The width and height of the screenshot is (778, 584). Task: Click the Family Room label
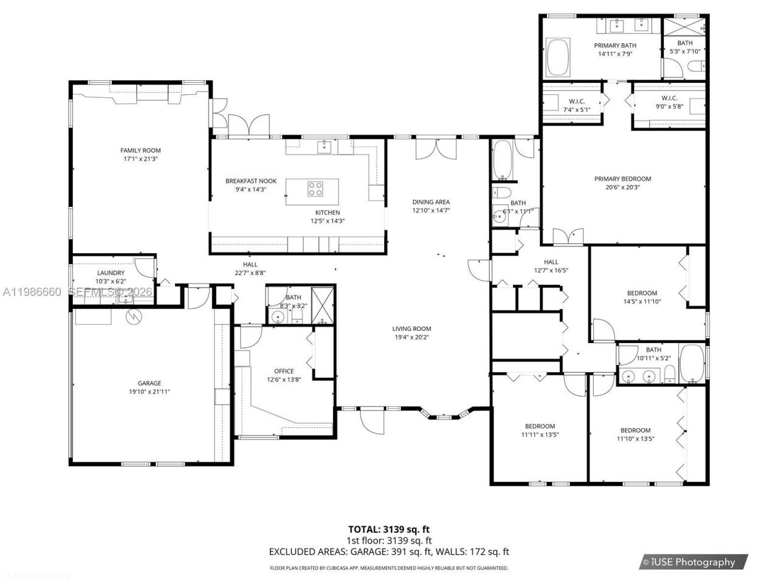tap(140, 150)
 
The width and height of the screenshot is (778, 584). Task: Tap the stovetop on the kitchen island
tap(315, 189)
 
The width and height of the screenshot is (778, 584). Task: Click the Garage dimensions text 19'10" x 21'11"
tap(149, 392)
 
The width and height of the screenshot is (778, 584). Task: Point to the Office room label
tap(284, 371)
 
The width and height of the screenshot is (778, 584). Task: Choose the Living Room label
tap(411, 328)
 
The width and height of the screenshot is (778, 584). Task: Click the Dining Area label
tap(431, 202)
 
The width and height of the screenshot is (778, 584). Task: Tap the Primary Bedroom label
tap(622, 179)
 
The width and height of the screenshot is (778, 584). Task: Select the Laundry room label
tap(111, 273)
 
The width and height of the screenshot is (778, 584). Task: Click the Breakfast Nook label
tap(251, 181)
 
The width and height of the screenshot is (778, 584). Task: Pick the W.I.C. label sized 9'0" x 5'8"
tap(669, 99)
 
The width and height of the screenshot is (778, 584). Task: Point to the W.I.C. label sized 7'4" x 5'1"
tap(576, 101)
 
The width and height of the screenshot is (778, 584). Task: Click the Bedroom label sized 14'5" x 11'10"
tap(642, 293)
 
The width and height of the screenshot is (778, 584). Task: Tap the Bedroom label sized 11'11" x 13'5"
tap(540, 426)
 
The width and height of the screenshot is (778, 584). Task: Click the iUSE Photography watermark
tap(693, 562)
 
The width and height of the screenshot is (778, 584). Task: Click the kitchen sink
tap(325, 146)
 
